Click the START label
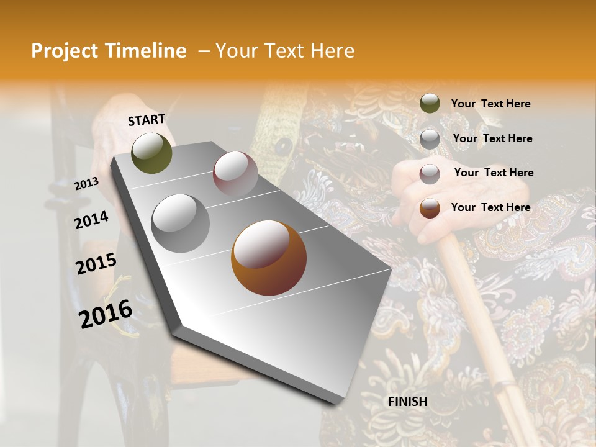point(147,120)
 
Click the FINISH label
point(407,402)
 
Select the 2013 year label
point(86,184)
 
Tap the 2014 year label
point(91,220)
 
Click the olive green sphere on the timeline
point(151,153)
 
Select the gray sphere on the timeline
point(180,223)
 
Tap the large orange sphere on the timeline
point(268,258)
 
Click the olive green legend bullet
point(430,104)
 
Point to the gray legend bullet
point(430,139)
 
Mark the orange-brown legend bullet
point(430,208)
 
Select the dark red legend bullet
point(430,173)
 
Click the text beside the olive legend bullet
point(490,104)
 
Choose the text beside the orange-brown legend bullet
point(490,207)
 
